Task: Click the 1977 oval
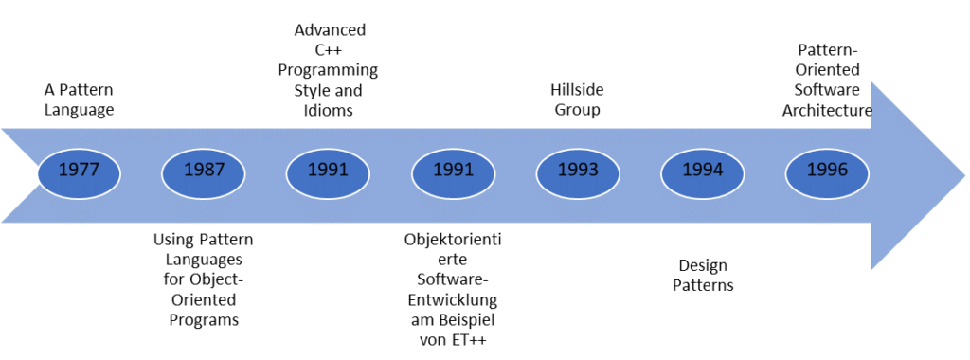[79, 171]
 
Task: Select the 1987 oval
[204, 171]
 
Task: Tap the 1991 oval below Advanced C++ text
[328, 171]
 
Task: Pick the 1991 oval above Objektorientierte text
[453, 171]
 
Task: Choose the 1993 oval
[578, 171]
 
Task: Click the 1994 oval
[703, 171]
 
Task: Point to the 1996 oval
[828, 171]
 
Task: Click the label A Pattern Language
[79, 99]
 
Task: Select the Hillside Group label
[577, 99]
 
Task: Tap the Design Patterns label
[703, 275]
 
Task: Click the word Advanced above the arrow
[329, 30]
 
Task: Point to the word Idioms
[329, 111]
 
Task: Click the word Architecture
[827, 111]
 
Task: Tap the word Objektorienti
[453, 239]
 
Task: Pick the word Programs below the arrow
[204, 319]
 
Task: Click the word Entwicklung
[453, 299]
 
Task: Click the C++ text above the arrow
[329, 50]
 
